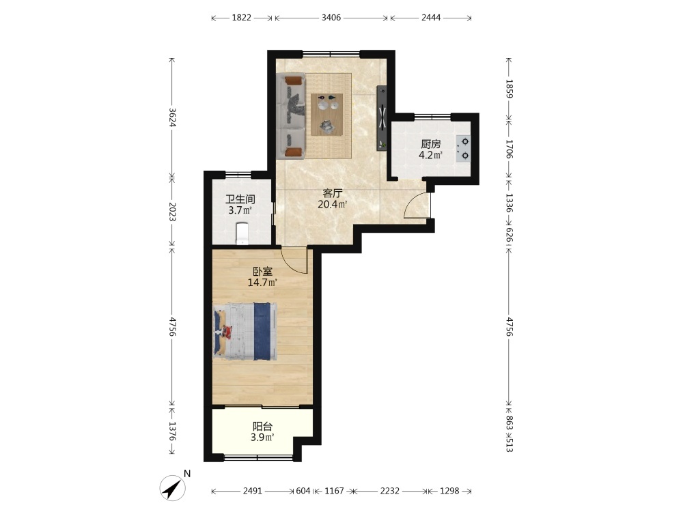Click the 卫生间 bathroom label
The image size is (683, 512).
(x=240, y=199)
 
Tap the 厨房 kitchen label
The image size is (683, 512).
(x=431, y=143)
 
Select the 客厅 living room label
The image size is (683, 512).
(x=333, y=193)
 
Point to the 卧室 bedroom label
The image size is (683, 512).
(x=263, y=272)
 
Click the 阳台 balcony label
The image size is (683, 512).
(x=262, y=426)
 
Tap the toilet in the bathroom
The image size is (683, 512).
(x=242, y=233)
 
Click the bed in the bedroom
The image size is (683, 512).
(x=245, y=331)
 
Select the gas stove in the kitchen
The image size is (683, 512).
(x=464, y=148)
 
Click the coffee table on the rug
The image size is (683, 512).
(x=326, y=115)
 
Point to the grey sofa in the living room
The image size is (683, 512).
(x=290, y=116)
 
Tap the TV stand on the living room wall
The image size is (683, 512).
(x=382, y=118)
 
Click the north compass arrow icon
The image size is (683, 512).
(x=173, y=488)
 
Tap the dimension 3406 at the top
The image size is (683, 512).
(x=331, y=18)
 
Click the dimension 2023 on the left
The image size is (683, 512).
(x=172, y=212)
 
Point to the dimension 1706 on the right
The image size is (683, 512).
(x=510, y=149)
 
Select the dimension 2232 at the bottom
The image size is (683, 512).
(x=389, y=491)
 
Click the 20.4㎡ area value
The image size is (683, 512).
(x=333, y=204)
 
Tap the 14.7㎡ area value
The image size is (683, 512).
(x=263, y=283)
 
